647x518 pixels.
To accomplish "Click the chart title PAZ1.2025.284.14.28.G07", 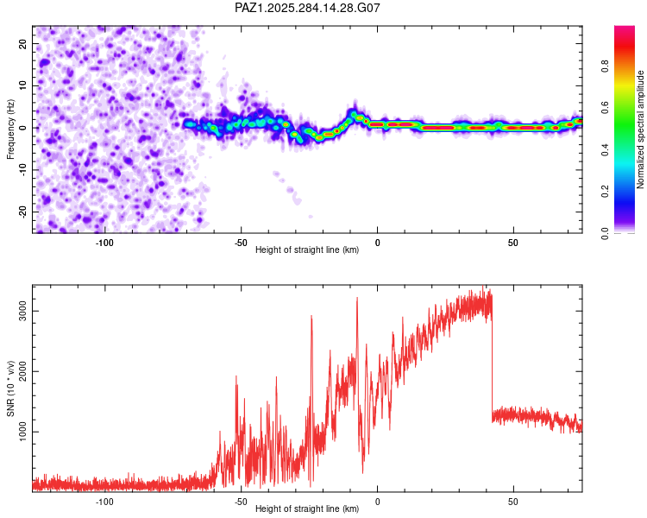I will coord(308,8).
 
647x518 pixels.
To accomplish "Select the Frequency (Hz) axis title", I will coord(10,129).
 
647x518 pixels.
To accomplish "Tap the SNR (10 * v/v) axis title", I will coord(10,388).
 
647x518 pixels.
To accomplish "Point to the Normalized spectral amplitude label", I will coord(640,130).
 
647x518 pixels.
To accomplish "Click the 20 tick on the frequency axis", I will coord(23,43).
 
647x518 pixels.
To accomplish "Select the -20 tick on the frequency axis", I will coord(23,212).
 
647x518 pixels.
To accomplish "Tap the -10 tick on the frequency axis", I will coord(23,169).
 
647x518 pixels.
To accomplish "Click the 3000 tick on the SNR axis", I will coord(23,312).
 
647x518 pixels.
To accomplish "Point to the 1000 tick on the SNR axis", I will coord(23,432).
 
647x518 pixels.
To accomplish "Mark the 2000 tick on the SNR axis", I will coord(23,372).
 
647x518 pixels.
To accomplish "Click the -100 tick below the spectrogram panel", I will coord(104,243).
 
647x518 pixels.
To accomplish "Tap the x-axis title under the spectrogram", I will coord(307,250).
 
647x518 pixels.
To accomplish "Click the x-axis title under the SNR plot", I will coord(307,509).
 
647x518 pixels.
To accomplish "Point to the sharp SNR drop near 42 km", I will coord(492,363).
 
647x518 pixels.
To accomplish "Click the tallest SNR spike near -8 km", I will coord(357,299).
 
